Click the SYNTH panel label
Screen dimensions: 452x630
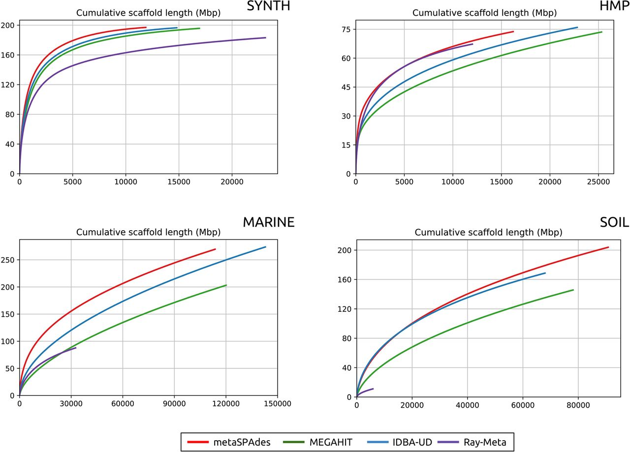[x=268, y=6]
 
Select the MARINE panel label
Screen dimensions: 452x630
[x=268, y=222]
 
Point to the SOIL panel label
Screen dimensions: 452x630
[x=614, y=222]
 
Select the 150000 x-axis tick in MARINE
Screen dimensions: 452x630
[x=278, y=403]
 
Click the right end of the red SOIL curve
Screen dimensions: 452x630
[x=608, y=247]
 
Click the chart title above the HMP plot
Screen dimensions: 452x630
[x=484, y=13]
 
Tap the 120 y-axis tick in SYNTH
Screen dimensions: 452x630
[x=9, y=85]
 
